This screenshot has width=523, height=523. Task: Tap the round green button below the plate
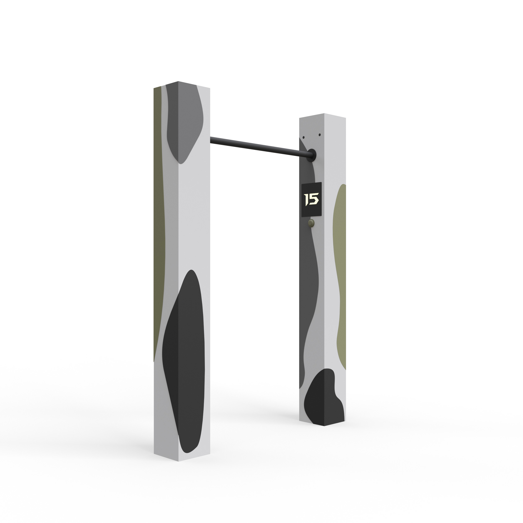coord(311,223)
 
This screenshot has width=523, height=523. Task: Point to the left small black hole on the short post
coord(304,137)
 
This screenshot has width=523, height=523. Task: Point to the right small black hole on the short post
coord(320,135)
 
